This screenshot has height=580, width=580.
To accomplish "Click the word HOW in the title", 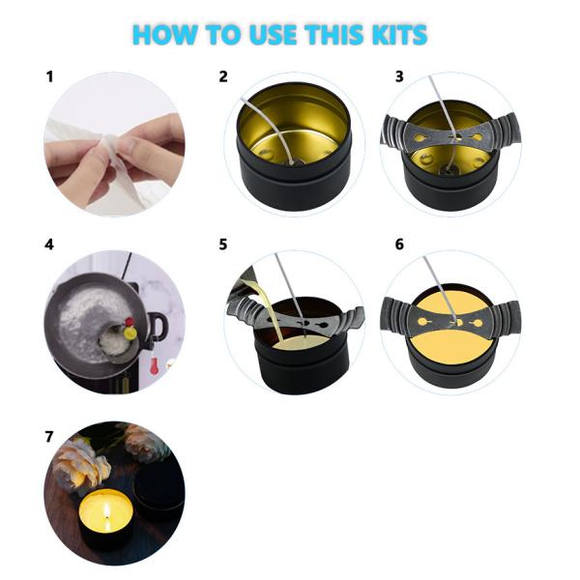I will pyautogui.click(x=160, y=36).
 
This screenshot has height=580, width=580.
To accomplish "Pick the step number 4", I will pyautogui.click(x=49, y=245).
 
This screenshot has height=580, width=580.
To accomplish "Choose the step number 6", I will pyautogui.click(x=399, y=245).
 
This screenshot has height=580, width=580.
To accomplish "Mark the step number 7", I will pyautogui.click(x=49, y=437).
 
